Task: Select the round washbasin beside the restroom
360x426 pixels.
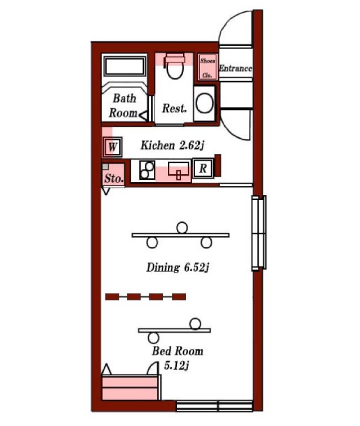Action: click(x=205, y=104)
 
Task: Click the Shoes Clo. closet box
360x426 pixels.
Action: click(x=207, y=67)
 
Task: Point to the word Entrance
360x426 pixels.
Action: click(x=235, y=68)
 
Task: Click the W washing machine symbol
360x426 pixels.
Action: click(x=112, y=147)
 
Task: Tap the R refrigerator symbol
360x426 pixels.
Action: click(x=203, y=168)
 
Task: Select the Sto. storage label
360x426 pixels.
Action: click(x=114, y=179)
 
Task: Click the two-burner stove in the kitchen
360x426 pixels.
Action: click(x=147, y=170)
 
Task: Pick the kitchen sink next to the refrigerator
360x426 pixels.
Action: click(x=178, y=170)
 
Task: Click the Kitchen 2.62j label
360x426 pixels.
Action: click(x=172, y=146)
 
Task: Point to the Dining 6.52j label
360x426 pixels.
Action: click(x=177, y=268)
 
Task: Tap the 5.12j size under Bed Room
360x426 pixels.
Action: click(x=176, y=365)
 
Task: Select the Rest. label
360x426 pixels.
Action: click(x=175, y=108)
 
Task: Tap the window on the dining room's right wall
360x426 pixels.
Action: click(x=259, y=233)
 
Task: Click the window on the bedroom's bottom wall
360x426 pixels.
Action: click(x=215, y=406)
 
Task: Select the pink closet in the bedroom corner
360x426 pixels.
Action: click(x=130, y=388)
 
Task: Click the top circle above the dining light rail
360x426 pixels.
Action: click(x=182, y=228)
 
